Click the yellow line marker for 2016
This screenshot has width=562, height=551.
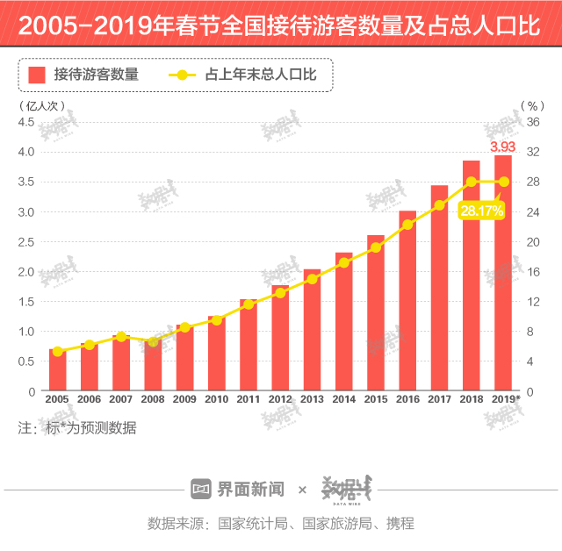tap(407, 225)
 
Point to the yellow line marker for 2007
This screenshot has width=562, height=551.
tap(121, 337)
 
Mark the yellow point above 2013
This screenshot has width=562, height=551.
tap(312, 279)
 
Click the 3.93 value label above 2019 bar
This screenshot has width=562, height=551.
tap(502, 147)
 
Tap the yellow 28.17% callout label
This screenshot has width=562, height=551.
tap(481, 211)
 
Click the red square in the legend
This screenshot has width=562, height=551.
tap(36, 75)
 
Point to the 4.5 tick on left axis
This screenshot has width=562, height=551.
tap(26, 121)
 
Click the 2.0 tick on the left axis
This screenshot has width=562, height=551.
tap(26, 271)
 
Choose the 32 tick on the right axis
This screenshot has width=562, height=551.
tap(532, 151)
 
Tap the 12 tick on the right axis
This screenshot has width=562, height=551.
tap(532, 301)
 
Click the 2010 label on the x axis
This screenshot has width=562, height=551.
tap(217, 400)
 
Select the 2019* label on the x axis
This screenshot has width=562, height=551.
tap(506, 400)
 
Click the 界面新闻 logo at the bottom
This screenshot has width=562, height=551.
tap(238, 489)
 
